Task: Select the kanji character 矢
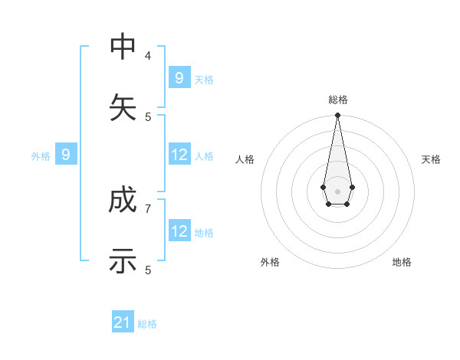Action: pyautogui.click(x=123, y=107)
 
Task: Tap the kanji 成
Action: pyautogui.click(x=123, y=201)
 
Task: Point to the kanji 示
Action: pyautogui.click(x=123, y=261)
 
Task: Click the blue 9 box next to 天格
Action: pyautogui.click(x=179, y=77)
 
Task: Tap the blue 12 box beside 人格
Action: pyautogui.click(x=179, y=155)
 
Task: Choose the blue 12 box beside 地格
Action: pyautogui.click(x=179, y=231)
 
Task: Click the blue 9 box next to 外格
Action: pyautogui.click(x=66, y=155)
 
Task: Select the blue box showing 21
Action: pyautogui.click(x=123, y=322)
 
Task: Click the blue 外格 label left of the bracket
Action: pyautogui.click(x=41, y=156)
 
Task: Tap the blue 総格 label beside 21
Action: pyautogui.click(x=147, y=324)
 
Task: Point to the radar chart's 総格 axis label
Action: pyautogui.click(x=337, y=100)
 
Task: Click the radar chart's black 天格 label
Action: pyautogui.click(x=431, y=159)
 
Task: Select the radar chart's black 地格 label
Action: pyautogui.click(x=402, y=262)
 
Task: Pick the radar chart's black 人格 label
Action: pyautogui.click(x=245, y=159)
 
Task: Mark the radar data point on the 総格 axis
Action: pyautogui.click(x=337, y=115)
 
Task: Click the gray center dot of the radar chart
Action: pyautogui.click(x=337, y=191)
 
